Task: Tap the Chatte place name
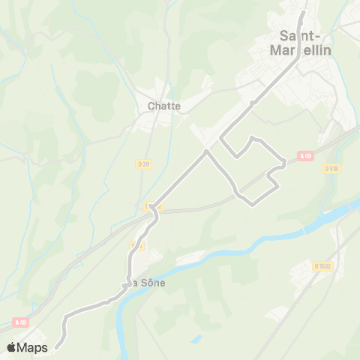tap(163, 106)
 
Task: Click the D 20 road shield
tap(145, 163)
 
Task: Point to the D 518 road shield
tap(332, 169)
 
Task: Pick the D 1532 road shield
tap(322, 265)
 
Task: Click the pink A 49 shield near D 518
tap(304, 156)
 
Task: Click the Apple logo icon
tap(12, 346)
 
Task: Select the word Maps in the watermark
tap(33, 347)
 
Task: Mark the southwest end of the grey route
tap(55, 347)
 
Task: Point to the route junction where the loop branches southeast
tap(207, 152)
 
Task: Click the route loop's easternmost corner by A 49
tap(284, 162)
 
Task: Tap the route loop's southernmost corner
tap(248, 200)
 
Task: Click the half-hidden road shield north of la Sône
tap(137, 245)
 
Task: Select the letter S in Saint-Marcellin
tap(283, 34)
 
